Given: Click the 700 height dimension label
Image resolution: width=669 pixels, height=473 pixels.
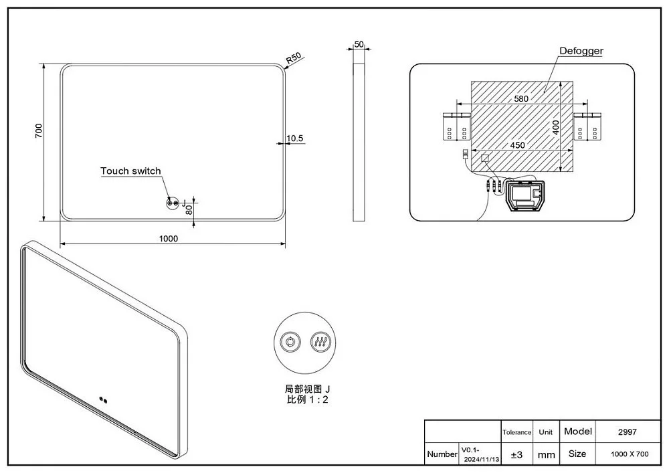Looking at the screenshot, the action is [x=39, y=130].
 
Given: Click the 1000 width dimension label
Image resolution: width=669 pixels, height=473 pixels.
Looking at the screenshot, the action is [x=169, y=239].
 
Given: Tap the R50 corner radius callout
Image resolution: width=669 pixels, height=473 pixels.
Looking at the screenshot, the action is [x=294, y=58].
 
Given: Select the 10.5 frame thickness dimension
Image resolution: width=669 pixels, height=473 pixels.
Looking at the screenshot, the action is [x=295, y=138].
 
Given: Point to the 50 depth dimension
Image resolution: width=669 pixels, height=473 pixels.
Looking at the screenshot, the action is [x=359, y=44].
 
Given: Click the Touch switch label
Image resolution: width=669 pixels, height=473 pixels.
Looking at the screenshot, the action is [x=130, y=171].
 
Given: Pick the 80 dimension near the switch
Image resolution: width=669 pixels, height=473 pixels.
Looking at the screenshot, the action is [x=189, y=209].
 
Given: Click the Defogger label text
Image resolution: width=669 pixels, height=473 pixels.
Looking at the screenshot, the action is [x=581, y=51].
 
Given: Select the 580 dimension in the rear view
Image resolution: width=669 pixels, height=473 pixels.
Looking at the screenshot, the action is [x=521, y=98].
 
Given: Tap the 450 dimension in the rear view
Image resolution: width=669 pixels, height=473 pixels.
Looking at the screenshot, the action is [x=518, y=145].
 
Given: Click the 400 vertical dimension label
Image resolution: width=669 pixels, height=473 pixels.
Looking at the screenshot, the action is [x=555, y=128].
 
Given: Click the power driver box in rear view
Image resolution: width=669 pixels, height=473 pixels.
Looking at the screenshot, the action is [x=524, y=195].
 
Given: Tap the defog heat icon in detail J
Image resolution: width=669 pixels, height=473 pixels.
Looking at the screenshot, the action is [x=320, y=342].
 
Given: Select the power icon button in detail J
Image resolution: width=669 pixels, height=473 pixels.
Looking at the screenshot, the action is [x=290, y=342].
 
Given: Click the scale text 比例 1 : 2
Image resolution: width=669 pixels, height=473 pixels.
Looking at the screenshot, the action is [x=308, y=399].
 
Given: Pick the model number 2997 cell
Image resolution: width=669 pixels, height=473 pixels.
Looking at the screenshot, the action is [x=628, y=432].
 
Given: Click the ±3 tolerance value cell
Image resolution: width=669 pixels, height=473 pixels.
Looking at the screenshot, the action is [x=516, y=455].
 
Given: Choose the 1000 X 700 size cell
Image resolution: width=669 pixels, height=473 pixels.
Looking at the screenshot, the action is [x=630, y=454].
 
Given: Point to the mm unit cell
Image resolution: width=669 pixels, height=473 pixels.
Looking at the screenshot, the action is [x=546, y=455].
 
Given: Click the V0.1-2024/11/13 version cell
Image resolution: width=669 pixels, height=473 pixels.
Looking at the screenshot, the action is [x=480, y=455].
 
